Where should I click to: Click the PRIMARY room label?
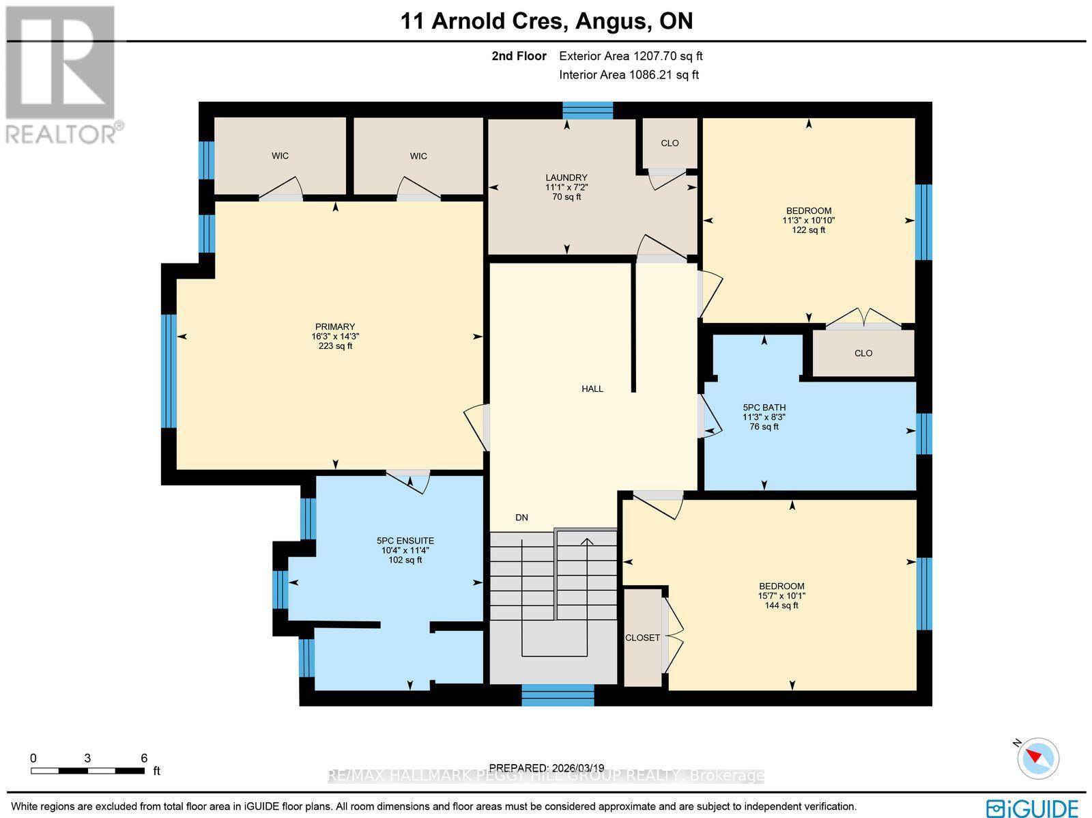pyautogui.click(x=334, y=326)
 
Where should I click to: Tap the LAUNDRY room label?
pyautogui.click(x=566, y=178)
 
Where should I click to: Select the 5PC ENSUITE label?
pyautogui.click(x=407, y=541)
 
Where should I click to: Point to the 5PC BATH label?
pyautogui.click(x=764, y=408)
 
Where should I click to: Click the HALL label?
pyautogui.click(x=592, y=389)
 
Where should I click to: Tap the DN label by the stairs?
pyautogui.click(x=521, y=518)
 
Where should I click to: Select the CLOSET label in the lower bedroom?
pyautogui.click(x=642, y=638)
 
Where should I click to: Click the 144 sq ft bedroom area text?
pyautogui.click(x=781, y=605)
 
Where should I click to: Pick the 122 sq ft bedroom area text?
pyautogui.click(x=808, y=230)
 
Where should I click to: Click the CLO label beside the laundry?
pyautogui.click(x=670, y=143)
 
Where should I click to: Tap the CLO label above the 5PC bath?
pyautogui.click(x=863, y=353)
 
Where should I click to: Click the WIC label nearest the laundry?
pyautogui.click(x=418, y=156)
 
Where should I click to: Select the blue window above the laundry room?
pyautogui.click(x=588, y=110)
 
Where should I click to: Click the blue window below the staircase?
pyautogui.click(x=558, y=696)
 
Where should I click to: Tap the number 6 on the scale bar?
pyautogui.click(x=144, y=758)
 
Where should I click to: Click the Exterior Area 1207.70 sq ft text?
pyautogui.click(x=631, y=57)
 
